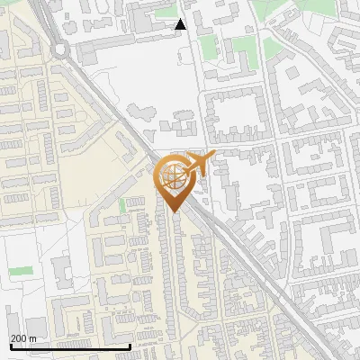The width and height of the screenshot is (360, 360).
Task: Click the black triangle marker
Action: [180, 24]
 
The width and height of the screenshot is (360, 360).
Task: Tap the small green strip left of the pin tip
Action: [122, 206]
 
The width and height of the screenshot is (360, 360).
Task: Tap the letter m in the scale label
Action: [32, 338]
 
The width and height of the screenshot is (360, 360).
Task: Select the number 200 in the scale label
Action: [18, 338]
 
